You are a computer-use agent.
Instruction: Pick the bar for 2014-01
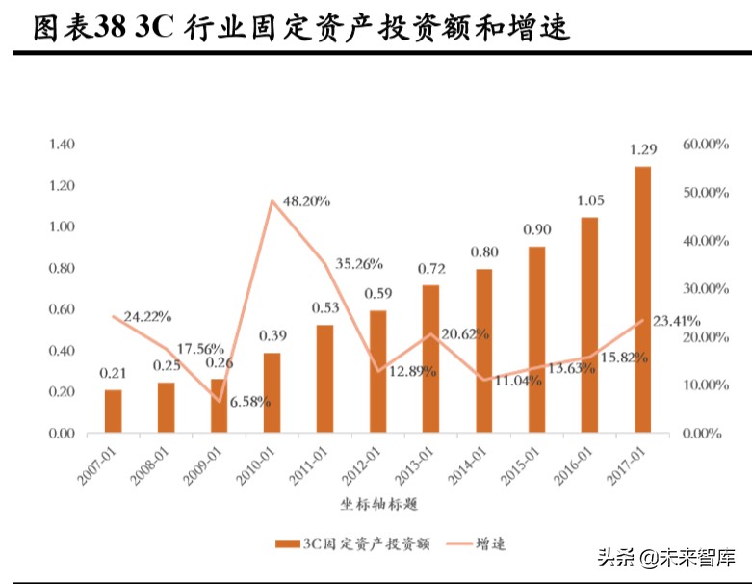tap(483, 351)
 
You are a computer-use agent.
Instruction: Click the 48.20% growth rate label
tap(301, 201)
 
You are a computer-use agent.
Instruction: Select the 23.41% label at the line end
tap(677, 320)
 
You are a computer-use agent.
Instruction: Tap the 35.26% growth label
tap(359, 262)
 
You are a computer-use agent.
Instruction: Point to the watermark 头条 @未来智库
tap(666, 557)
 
